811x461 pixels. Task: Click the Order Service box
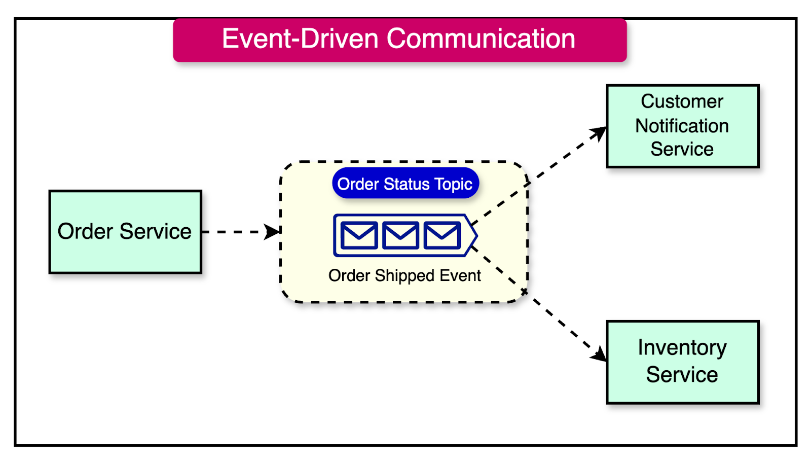click(x=125, y=232)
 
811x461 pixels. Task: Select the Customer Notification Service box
click(x=682, y=126)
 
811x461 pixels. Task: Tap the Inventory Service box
click(x=682, y=362)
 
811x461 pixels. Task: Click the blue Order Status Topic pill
click(x=405, y=184)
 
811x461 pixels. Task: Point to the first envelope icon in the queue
click(x=359, y=235)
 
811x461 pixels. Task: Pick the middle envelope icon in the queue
click(x=400, y=235)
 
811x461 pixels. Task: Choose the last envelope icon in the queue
click(x=442, y=235)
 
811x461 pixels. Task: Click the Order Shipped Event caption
click(x=404, y=275)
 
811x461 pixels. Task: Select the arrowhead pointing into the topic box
click(x=273, y=232)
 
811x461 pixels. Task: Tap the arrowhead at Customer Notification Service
click(x=600, y=133)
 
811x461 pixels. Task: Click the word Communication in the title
click(x=481, y=39)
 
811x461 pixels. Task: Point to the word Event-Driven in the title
click(x=300, y=39)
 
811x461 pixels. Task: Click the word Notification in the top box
click(x=682, y=126)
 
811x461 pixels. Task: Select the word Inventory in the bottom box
click(x=682, y=348)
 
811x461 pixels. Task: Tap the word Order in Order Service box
click(x=85, y=232)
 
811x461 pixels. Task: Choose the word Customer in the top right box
click(x=682, y=101)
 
